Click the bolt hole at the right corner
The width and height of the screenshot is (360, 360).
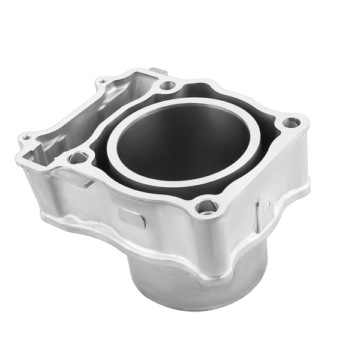click(292, 122)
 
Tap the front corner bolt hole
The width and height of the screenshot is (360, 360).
click(207, 206)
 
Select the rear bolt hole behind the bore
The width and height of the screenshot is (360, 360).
click(167, 85)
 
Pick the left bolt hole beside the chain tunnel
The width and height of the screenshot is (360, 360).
click(77, 158)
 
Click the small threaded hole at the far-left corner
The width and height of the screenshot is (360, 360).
click(26, 137)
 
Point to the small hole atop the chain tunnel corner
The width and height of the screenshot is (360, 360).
click(103, 80)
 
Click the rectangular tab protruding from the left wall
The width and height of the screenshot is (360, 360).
click(72, 177)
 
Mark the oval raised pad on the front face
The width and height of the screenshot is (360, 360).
click(132, 217)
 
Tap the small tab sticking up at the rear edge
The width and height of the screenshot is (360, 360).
click(158, 72)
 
